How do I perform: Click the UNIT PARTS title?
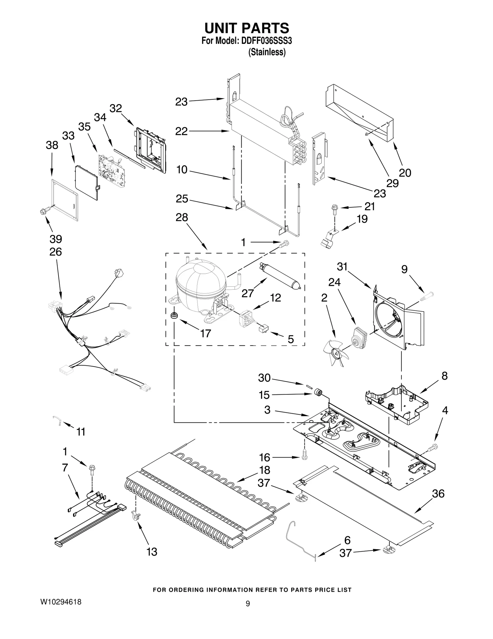pyautogui.click(x=247, y=28)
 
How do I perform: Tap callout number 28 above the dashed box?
pyautogui.click(x=181, y=218)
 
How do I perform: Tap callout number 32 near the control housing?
pyautogui.click(x=116, y=109)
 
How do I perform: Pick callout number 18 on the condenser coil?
pyautogui.click(x=265, y=470)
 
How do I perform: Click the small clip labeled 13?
pyautogui.click(x=136, y=516)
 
